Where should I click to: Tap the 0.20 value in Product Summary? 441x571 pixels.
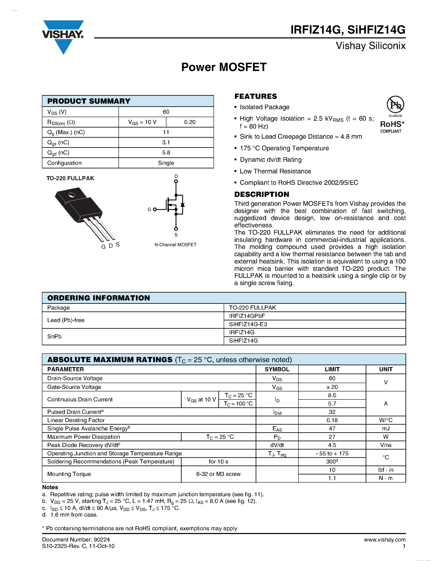click(190, 122)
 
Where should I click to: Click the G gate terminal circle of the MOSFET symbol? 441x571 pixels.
click(155, 210)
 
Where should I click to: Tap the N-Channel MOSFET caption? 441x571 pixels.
click(175, 245)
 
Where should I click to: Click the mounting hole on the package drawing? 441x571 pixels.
click(72, 195)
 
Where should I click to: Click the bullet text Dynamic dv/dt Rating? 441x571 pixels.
click(270, 160)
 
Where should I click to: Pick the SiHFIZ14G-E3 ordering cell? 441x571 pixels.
click(248, 324)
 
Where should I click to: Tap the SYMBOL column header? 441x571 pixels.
click(277, 369)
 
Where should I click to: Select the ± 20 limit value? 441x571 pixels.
click(332, 387)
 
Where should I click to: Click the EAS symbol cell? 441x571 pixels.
click(277, 429)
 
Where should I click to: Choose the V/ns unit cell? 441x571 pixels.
click(385, 445)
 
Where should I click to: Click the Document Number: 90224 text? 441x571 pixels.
click(76, 540)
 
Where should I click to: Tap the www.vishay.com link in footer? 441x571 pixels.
click(384, 540)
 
